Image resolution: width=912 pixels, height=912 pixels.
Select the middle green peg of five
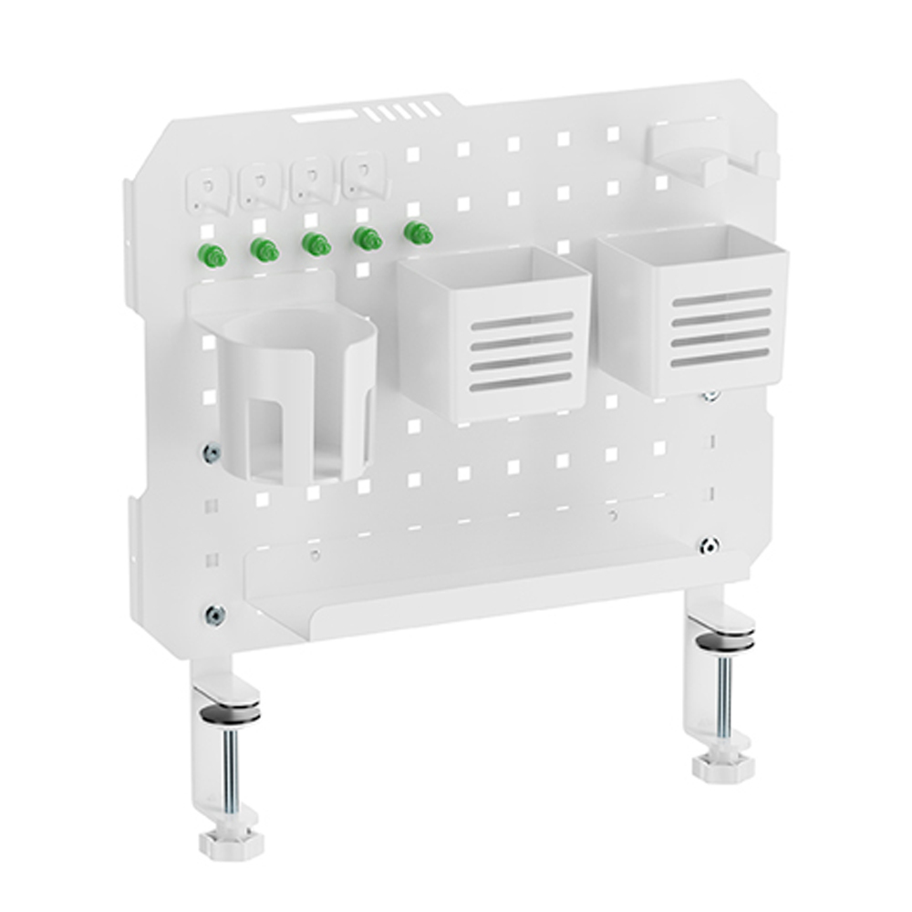pos(316,244)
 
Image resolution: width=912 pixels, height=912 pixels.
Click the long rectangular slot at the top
pos(324,116)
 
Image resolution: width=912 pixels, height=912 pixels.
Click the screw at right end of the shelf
pos(709,545)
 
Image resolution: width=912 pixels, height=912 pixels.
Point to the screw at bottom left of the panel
pos(215,616)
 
